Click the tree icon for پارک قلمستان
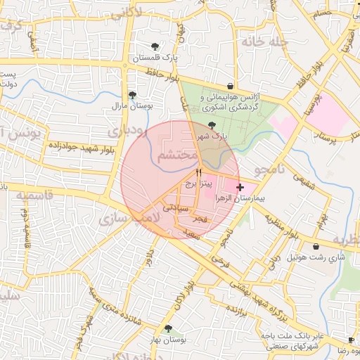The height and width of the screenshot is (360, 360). point(155,46)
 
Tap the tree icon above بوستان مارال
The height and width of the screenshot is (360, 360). point(132,95)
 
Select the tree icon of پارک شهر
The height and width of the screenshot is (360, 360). point(213,125)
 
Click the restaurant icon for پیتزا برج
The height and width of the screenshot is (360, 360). point(199,172)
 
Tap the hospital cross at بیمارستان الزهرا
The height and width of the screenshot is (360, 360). point(241,187)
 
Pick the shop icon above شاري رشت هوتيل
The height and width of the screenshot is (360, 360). point(316,247)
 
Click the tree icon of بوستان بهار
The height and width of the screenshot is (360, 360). point(167,328)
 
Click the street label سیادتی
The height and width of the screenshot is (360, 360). point(176,207)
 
